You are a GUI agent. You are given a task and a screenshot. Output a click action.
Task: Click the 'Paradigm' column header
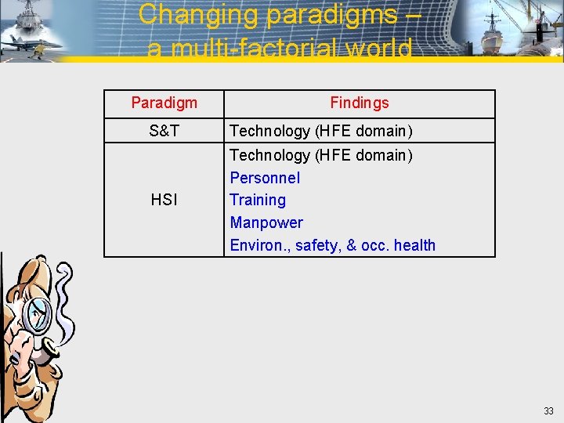coord(164,103)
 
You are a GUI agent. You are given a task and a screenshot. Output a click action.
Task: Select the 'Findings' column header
coord(359,103)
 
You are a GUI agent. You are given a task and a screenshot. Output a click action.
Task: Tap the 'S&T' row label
coord(164,131)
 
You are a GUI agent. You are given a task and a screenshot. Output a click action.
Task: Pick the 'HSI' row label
coord(164,200)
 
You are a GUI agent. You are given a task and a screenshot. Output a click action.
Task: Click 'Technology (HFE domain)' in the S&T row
coord(320,131)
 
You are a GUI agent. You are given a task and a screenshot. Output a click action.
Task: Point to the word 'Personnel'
coord(265,178)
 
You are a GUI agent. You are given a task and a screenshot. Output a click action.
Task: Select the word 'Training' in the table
coord(258,200)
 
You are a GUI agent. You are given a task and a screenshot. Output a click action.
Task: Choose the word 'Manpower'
coord(266,222)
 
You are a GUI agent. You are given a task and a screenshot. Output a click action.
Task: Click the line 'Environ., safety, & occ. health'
coord(332,245)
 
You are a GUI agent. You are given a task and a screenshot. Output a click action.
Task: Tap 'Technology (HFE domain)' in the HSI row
coord(320,155)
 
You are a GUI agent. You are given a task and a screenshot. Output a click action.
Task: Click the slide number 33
coord(548,410)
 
